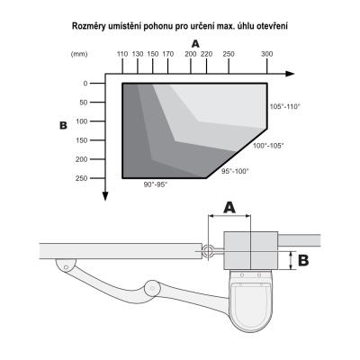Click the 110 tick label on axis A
[x=122, y=54]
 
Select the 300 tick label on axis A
[x=267, y=54]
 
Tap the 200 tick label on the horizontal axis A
[x=191, y=54]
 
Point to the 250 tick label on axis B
[x=81, y=178]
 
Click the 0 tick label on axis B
[x=85, y=84]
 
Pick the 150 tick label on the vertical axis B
[x=81, y=140]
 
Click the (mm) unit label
[x=79, y=54]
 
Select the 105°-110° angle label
[x=285, y=106]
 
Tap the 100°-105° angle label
[x=268, y=146]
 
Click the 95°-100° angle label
[x=235, y=171]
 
